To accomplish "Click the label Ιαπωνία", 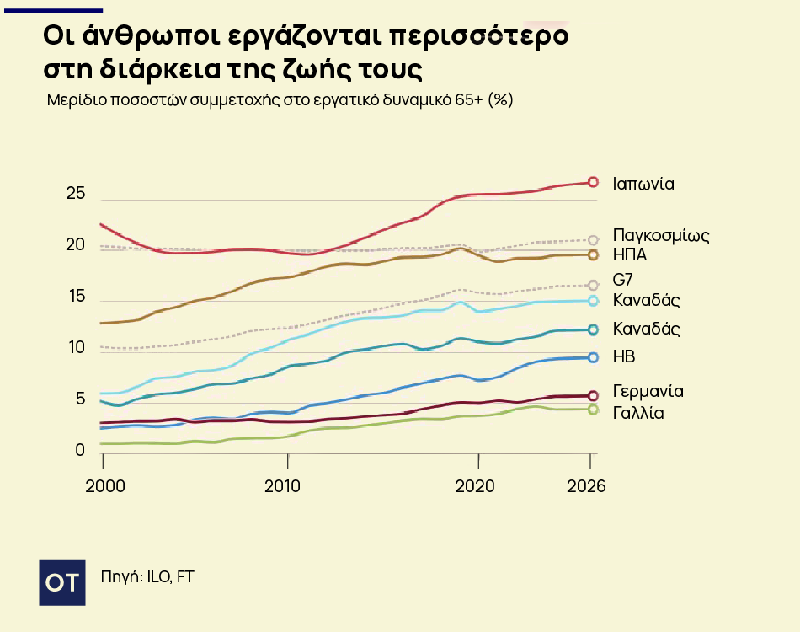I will coord(643,183).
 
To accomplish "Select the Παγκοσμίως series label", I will coord(661,235).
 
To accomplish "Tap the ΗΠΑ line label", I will coord(630,254).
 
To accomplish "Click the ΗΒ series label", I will coord(624,357).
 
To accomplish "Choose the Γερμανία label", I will coord(648,392).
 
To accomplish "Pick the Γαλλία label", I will coord(638,413).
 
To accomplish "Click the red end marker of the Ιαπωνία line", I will coord(593,182).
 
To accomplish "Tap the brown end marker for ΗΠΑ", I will coord(593,254).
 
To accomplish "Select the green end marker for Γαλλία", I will coord(593,410).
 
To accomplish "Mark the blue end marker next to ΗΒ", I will coord(593,357).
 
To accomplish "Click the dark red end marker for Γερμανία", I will coord(593,395).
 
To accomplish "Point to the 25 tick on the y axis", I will coord(76,194).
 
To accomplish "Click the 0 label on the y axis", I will coord(80,450).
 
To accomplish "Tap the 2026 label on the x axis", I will coord(586,486).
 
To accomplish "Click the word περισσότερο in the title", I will coord(483,37).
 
